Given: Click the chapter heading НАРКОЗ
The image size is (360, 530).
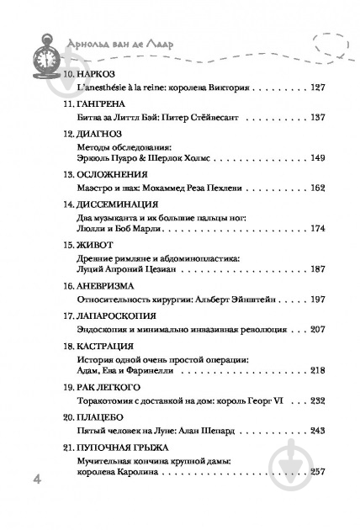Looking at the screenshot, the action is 92,75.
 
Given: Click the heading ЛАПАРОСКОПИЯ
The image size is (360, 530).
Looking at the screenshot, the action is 109,317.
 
